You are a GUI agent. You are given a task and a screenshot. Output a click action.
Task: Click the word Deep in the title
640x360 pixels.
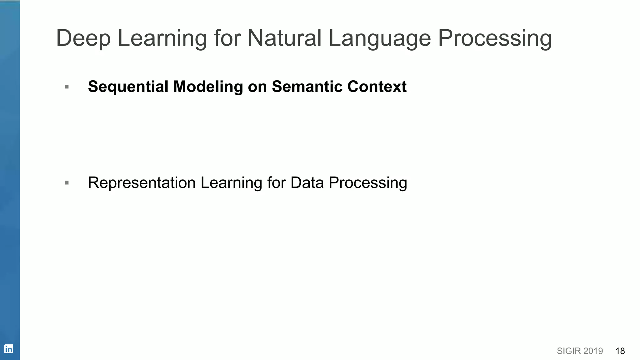tap(83, 38)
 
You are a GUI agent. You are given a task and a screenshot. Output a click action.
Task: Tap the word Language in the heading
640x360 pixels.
tap(380, 38)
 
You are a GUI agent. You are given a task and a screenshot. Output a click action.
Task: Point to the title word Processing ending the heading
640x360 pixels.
tap(495, 38)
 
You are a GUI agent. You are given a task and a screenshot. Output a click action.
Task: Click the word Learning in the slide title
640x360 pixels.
tap(162, 38)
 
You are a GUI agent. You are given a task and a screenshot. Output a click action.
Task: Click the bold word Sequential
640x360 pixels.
tap(128, 87)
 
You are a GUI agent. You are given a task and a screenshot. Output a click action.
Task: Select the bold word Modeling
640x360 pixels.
tap(208, 87)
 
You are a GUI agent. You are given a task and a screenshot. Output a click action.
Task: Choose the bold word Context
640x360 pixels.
tap(377, 87)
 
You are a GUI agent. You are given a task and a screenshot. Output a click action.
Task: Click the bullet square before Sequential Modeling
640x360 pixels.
tap(67, 87)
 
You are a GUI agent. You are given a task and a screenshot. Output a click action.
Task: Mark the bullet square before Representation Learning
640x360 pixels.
tap(67, 183)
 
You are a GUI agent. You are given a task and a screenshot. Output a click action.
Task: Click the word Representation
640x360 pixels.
tap(142, 183)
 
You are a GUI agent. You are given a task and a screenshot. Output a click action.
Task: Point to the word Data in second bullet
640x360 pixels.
tap(307, 183)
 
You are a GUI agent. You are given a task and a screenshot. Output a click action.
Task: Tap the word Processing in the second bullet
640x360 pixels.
tap(368, 183)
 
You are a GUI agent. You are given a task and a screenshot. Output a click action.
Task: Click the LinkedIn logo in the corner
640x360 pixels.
tap(9, 349)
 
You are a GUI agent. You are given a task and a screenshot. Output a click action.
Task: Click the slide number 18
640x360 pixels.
tap(620, 351)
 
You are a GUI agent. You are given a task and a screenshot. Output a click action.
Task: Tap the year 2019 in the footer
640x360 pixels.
tap(593, 351)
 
